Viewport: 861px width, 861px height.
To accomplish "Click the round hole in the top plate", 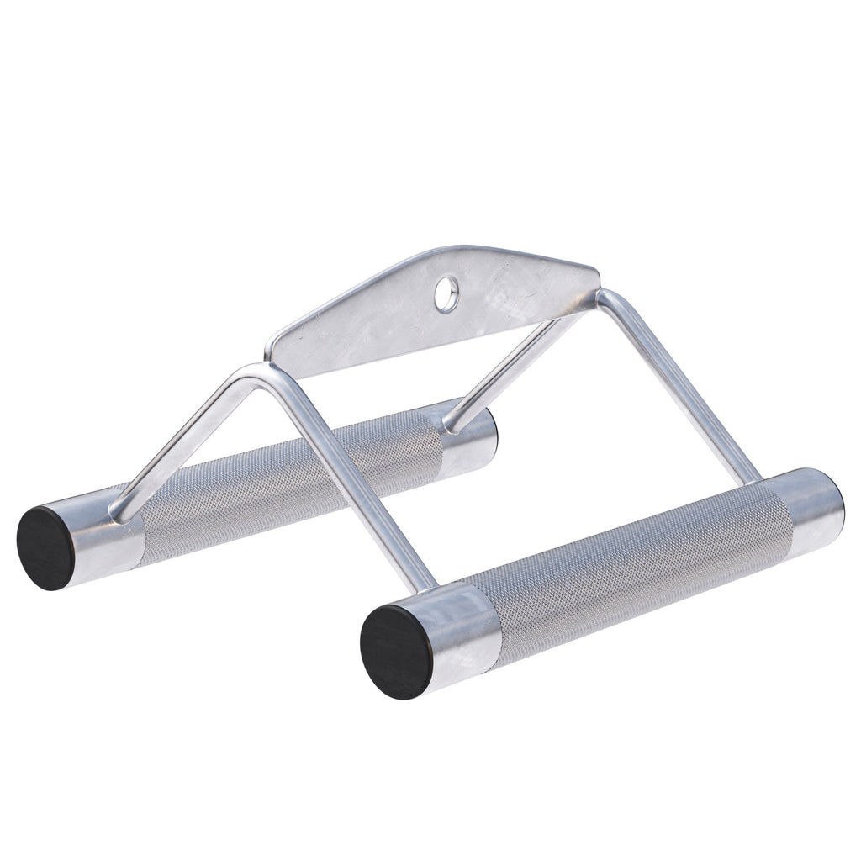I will (446, 294).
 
